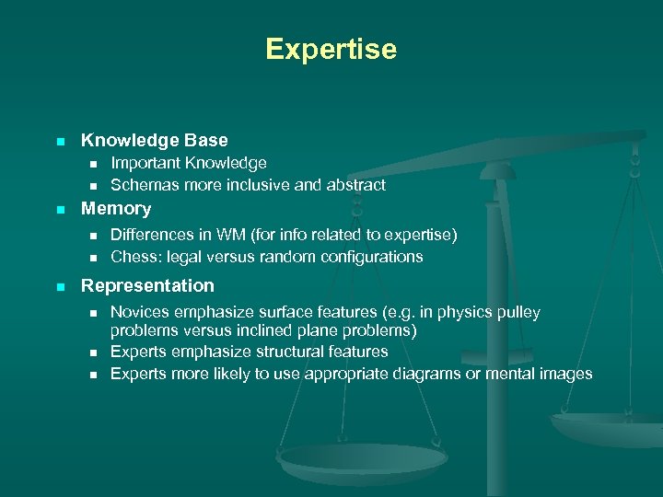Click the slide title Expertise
331,49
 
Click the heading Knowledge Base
154,140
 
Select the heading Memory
116,209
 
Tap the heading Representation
147,285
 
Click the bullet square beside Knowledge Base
59,142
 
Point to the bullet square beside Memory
59,210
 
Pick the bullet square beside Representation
59,286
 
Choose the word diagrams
423,374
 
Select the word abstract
355,185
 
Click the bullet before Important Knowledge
92,164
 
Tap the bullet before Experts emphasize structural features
92,353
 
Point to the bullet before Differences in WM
92,236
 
